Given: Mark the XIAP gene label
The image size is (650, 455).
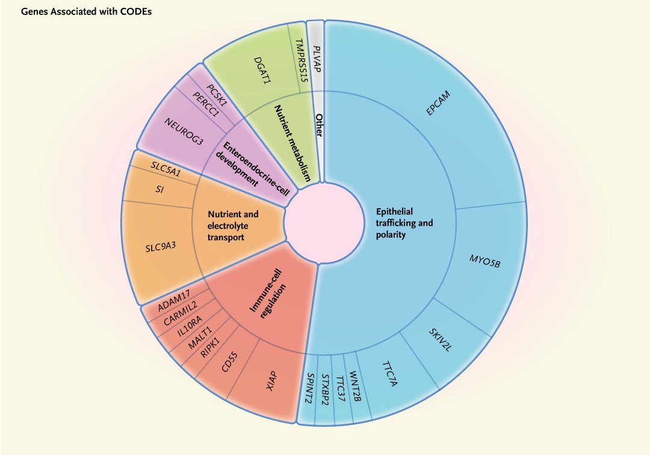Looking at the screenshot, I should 272,381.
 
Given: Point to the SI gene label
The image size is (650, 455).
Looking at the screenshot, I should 159,190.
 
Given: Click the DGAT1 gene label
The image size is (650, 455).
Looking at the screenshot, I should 262,71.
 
